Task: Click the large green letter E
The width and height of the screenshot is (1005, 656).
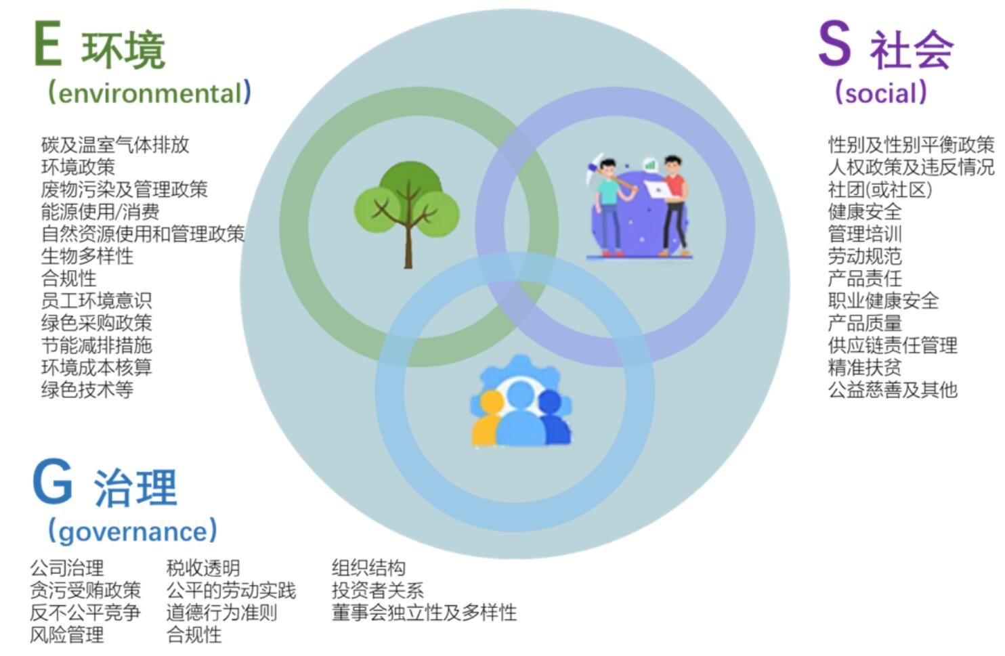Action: point(47,44)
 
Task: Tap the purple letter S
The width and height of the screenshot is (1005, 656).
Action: point(834,44)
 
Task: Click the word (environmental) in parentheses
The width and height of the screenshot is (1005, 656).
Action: point(149,93)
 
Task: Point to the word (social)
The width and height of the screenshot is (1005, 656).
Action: point(880,93)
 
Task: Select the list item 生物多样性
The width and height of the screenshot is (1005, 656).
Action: point(87,256)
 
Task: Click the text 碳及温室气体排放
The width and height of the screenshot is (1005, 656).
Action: point(115,145)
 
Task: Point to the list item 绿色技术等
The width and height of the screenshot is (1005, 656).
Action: point(87,389)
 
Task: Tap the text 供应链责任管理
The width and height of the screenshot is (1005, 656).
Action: point(893,345)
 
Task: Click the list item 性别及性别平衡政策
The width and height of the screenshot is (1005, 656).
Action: point(911,145)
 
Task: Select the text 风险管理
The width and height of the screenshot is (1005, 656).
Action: point(67,635)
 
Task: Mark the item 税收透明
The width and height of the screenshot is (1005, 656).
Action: point(203,568)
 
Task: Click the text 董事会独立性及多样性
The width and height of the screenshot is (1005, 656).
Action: point(424,613)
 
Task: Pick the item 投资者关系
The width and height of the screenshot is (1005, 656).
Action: point(378,590)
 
